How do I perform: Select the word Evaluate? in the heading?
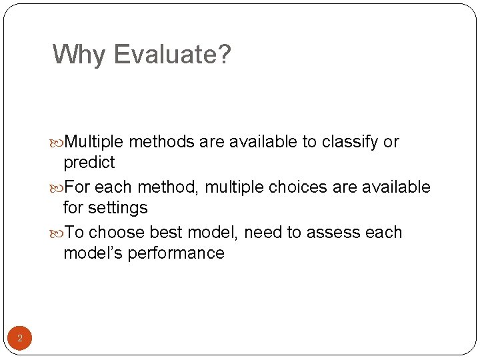pos(172,55)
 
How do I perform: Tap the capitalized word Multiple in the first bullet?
pos(95,142)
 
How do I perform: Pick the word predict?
pos(89,163)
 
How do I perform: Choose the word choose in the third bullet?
pos(117,233)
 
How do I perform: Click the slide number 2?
pos(19,339)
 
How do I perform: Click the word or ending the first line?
pos(391,142)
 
